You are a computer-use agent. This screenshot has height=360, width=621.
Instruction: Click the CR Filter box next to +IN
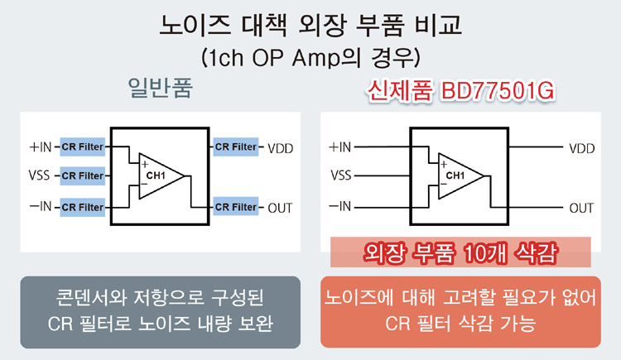pyautogui.click(x=82, y=147)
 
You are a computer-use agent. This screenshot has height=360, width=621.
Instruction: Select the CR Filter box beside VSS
pyautogui.click(x=82, y=175)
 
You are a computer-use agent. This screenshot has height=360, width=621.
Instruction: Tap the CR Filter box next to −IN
pyautogui.click(x=82, y=207)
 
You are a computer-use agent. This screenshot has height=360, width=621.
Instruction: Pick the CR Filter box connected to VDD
pyautogui.click(x=236, y=147)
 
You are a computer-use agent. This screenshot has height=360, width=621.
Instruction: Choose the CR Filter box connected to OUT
pyautogui.click(x=236, y=207)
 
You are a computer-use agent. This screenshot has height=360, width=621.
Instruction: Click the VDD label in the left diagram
pyautogui.click(x=281, y=148)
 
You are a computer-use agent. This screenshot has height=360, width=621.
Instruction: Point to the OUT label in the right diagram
pyautogui.click(x=581, y=209)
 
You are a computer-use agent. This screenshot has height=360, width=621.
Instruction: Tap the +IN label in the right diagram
pyautogui.click(x=339, y=147)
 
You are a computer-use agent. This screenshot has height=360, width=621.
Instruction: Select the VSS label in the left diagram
pyautogui.click(x=39, y=175)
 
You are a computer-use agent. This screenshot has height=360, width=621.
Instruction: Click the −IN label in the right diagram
pyautogui.click(x=339, y=206)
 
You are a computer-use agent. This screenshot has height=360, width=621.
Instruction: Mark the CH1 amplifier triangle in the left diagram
pyautogui.click(x=161, y=175)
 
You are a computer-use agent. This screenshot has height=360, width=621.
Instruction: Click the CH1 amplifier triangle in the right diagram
pyautogui.click(x=461, y=175)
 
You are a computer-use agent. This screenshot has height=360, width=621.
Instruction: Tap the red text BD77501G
pyautogui.click(x=498, y=91)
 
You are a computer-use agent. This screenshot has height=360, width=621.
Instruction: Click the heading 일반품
pyautogui.click(x=161, y=88)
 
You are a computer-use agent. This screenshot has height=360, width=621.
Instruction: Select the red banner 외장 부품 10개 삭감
pyautogui.click(x=460, y=252)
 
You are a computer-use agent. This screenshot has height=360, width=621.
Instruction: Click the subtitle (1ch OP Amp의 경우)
pyautogui.click(x=310, y=58)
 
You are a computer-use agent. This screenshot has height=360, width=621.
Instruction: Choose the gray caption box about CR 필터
pyautogui.click(x=161, y=312)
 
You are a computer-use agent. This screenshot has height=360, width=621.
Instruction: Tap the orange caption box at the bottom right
pyautogui.click(x=460, y=312)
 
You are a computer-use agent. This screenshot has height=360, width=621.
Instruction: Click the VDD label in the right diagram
pyautogui.click(x=582, y=148)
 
